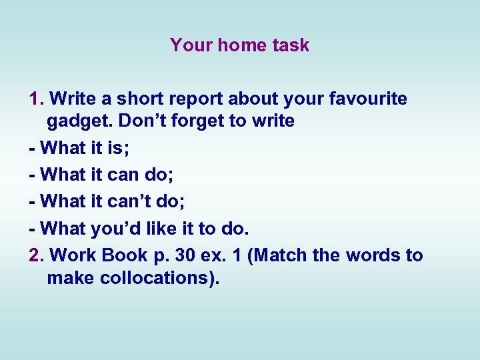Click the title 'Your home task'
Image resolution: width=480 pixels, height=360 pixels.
(239, 45)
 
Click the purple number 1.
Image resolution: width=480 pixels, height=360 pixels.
(36, 99)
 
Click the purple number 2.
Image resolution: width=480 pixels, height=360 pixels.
(36, 255)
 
